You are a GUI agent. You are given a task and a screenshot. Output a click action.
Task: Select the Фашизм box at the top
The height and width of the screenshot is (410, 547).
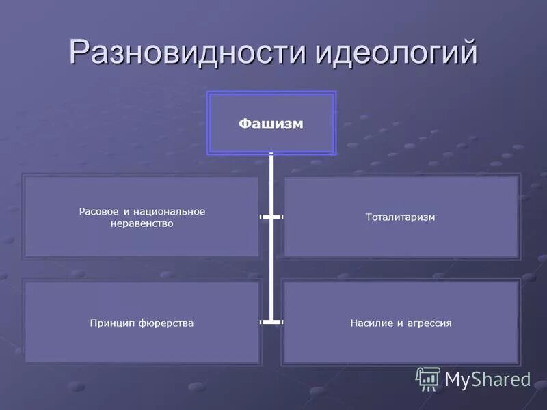click(x=271, y=124)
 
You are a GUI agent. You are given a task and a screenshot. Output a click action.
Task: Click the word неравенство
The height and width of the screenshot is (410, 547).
click(x=142, y=223)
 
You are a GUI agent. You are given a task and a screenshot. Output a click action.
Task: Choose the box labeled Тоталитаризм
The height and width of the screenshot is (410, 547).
click(x=401, y=217)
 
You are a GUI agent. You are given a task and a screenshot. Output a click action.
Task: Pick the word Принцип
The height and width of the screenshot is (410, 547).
click(x=109, y=323)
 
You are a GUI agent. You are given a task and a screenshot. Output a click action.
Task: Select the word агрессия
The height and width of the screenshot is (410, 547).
click(x=428, y=323)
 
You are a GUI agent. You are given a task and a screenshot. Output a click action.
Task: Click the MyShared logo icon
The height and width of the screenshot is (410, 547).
click(x=428, y=378)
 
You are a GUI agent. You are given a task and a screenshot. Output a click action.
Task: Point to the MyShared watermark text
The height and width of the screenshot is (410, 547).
click(x=488, y=379)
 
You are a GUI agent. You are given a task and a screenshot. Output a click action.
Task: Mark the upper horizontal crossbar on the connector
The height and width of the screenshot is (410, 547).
click(x=271, y=217)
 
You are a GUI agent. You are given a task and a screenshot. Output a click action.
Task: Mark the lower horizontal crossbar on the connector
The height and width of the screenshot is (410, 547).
click(x=271, y=320)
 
